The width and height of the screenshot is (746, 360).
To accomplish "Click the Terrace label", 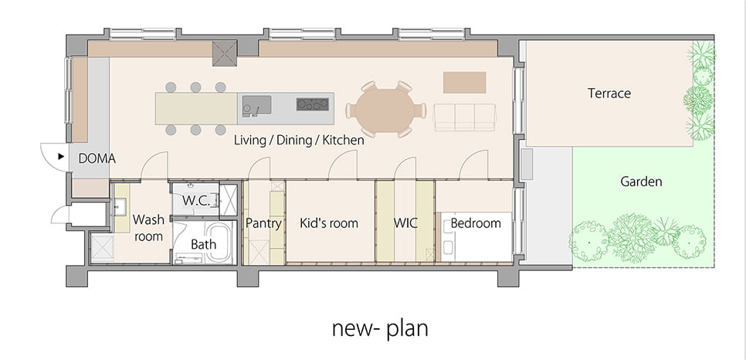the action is (609, 93).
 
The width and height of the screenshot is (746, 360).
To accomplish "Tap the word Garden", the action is (641, 182).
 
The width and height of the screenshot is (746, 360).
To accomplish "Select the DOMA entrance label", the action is (97, 158).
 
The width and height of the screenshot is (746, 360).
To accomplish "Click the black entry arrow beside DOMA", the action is (61, 156).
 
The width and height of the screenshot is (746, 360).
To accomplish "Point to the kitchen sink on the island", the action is (256, 105).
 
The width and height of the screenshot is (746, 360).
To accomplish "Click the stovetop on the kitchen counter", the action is (313, 104).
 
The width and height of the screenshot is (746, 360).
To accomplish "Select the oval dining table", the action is (385, 111).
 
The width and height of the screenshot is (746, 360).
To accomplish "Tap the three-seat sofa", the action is (465, 117).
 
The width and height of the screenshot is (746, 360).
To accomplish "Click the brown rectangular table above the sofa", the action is (464, 83).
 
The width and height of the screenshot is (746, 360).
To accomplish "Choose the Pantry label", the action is (263, 223).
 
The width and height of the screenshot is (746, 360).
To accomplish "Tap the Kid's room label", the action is (329, 223).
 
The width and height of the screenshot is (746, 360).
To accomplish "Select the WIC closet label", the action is (405, 222).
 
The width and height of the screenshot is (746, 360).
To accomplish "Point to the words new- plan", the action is (380, 328).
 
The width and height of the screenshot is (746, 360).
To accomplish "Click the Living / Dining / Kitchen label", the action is (299, 140).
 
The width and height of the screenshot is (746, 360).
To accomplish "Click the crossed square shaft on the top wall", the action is (225, 53).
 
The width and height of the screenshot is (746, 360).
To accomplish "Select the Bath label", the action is (203, 244).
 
